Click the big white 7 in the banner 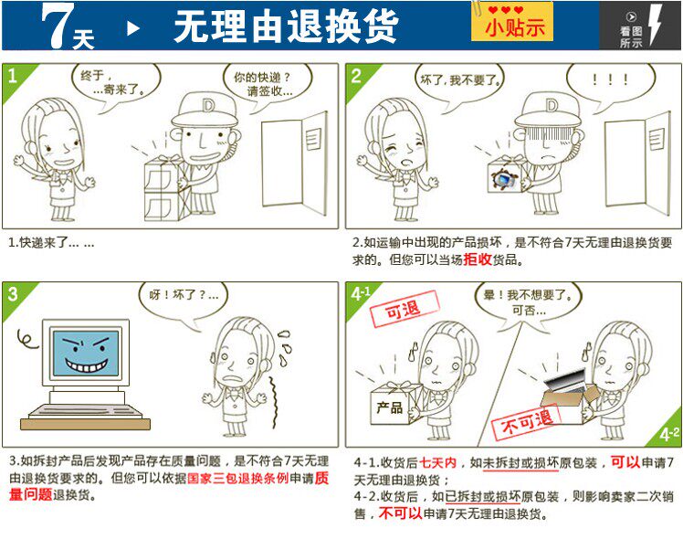(x=57, y=26)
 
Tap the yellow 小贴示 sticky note (x=512, y=22)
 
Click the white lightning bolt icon (x=655, y=25)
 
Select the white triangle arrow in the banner (x=133, y=28)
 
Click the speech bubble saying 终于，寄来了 (x=116, y=84)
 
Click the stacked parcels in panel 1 (x=165, y=189)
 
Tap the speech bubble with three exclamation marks (x=610, y=83)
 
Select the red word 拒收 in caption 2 (x=478, y=259)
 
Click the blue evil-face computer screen (x=86, y=353)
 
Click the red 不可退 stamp (x=526, y=421)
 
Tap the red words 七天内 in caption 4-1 (x=437, y=463)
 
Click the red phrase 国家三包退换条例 (x=238, y=478)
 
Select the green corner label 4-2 (x=667, y=434)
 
